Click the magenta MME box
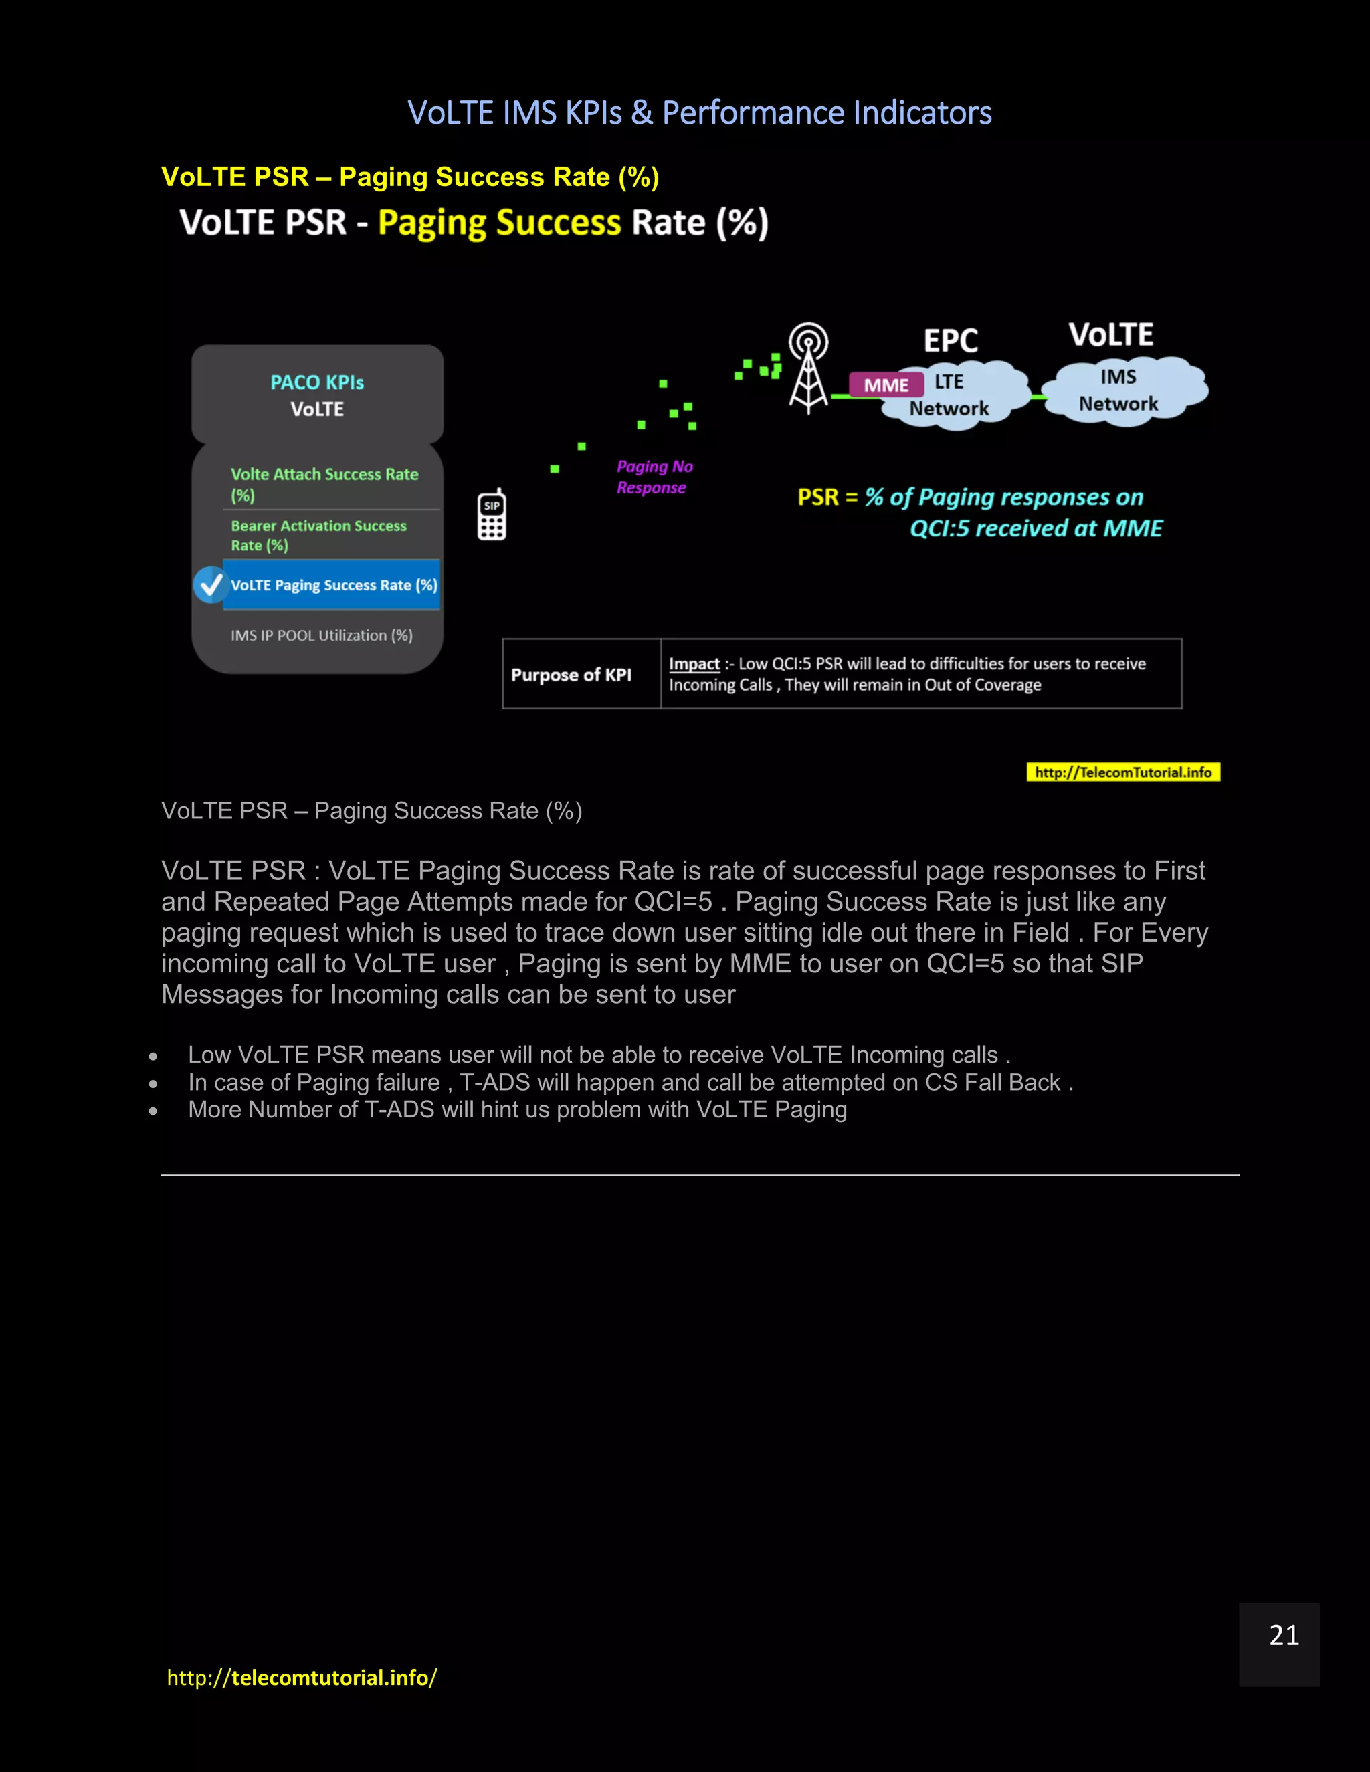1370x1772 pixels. pyautogui.click(x=886, y=384)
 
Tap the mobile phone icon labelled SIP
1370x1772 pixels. pyautogui.click(x=492, y=515)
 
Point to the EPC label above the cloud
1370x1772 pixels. pyautogui.click(x=951, y=340)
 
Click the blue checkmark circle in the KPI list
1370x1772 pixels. pyautogui.click(x=210, y=584)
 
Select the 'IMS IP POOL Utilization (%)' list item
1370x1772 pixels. pyautogui.click(x=321, y=635)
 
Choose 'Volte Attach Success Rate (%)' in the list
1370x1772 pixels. pyautogui.click(x=324, y=484)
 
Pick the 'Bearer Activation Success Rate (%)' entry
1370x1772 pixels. pyautogui.click(x=318, y=536)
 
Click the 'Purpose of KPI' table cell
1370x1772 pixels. pyautogui.click(x=571, y=674)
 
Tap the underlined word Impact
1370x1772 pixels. pyautogui.click(x=694, y=664)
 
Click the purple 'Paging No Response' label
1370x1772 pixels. pyautogui.click(x=654, y=477)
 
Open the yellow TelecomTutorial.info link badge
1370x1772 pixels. pyautogui.click(x=1122, y=772)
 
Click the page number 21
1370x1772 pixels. pyautogui.click(x=1284, y=1635)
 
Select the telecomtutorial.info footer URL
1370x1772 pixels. pyautogui.click(x=302, y=1677)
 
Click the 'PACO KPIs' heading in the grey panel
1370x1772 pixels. pyautogui.click(x=316, y=382)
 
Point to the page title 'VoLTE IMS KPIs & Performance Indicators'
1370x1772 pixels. pyautogui.click(x=699, y=113)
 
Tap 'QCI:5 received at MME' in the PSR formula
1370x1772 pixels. pyautogui.click(x=1036, y=528)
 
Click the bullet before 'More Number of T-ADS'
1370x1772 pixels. pyautogui.click(x=153, y=1111)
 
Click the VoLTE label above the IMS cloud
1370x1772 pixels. pyautogui.click(x=1110, y=334)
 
